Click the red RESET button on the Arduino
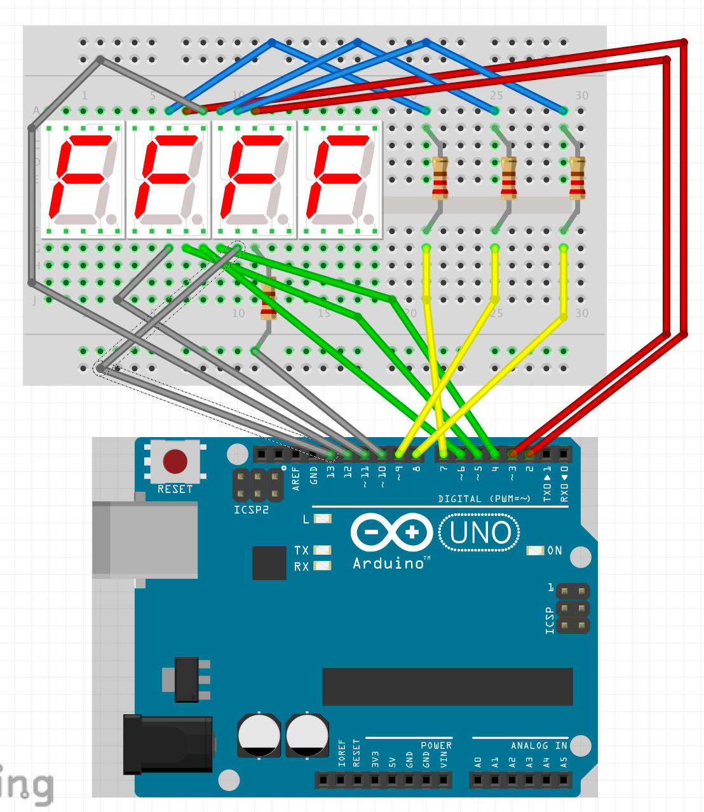175,462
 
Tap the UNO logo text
480,532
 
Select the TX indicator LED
323,550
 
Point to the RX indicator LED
323,565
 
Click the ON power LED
535,550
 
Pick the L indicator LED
323,519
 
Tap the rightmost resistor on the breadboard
577,179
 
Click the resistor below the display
268,301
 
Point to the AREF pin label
296,478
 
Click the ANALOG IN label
539,745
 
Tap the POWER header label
436,745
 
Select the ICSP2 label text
251,510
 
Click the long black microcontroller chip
447,686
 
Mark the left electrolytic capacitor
259,735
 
